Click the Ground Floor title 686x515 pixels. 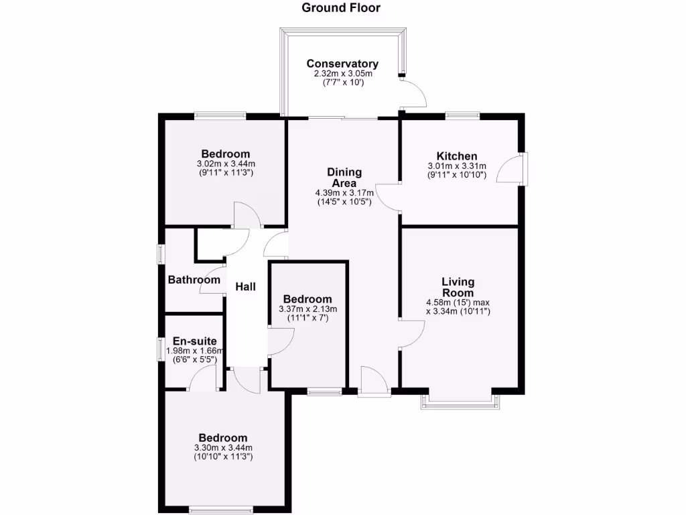coord(341,8)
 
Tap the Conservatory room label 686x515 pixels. coord(342,64)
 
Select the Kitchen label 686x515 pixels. coord(457,156)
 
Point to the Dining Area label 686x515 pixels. coord(344,178)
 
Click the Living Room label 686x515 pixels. coord(458,287)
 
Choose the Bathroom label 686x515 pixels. coord(194,280)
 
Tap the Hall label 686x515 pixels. coord(245,287)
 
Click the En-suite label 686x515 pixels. coord(194,341)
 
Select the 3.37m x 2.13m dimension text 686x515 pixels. coord(307,309)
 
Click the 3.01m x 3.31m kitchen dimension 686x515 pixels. coord(457,166)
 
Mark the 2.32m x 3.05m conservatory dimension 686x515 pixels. coord(342,73)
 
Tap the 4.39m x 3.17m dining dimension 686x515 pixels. coord(344,194)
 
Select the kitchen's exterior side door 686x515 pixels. coord(523,170)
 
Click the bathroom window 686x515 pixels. coord(161,255)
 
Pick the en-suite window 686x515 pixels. coord(161,349)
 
